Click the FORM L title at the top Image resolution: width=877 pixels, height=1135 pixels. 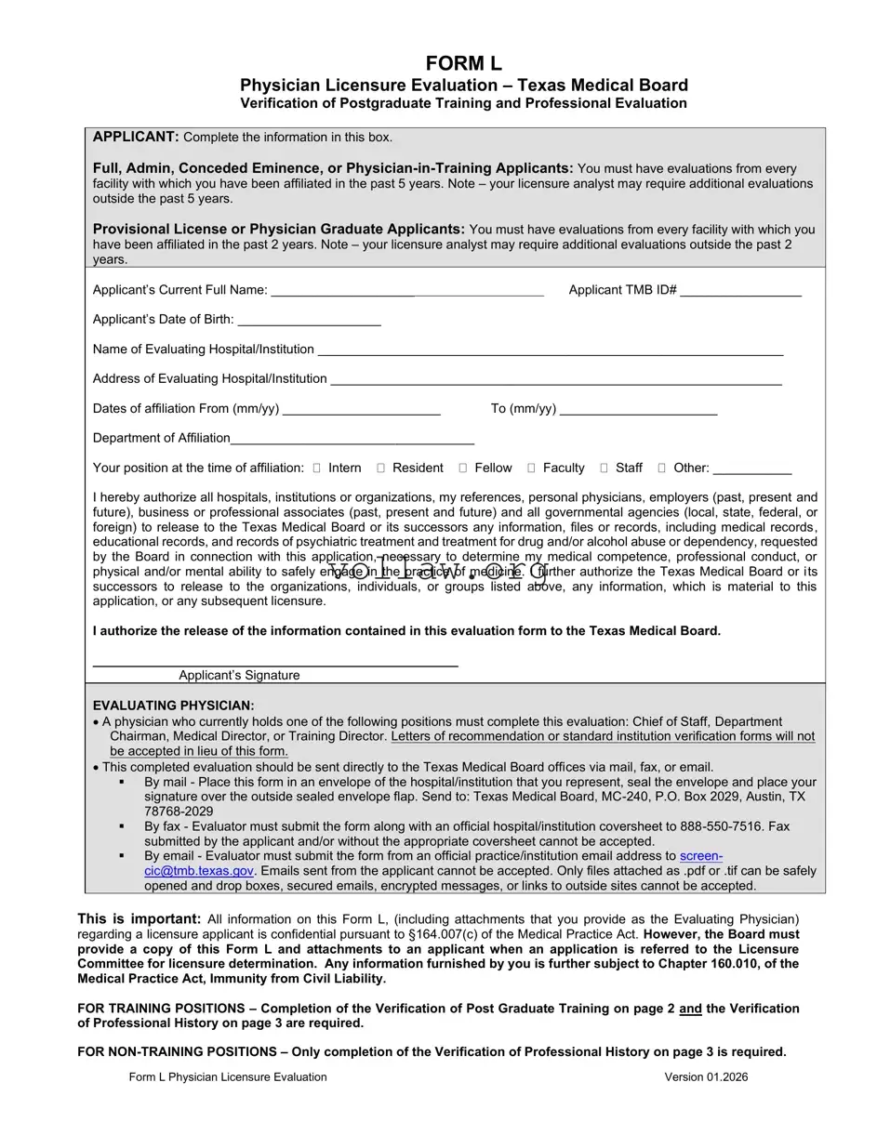pyautogui.click(x=463, y=64)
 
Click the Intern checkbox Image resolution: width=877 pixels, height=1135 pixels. pyautogui.click(x=317, y=468)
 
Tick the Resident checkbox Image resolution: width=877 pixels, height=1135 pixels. pyautogui.click(x=381, y=468)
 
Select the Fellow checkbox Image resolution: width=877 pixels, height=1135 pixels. pyautogui.click(x=463, y=468)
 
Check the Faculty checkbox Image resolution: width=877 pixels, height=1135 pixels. pyautogui.click(x=531, y=468)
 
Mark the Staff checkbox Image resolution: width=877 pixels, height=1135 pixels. pyautogui.click(x=605, y=468)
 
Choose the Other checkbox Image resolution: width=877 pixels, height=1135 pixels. pyautogui.click(x=662, y=468)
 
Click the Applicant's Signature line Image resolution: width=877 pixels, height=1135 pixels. pyautogui.click(x=275, y=662)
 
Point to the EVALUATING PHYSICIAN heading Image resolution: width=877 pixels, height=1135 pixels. pyautogui.click(x=173, y=706)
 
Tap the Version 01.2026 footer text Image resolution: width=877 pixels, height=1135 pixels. pyautogui.click(x=706, y=1077)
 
